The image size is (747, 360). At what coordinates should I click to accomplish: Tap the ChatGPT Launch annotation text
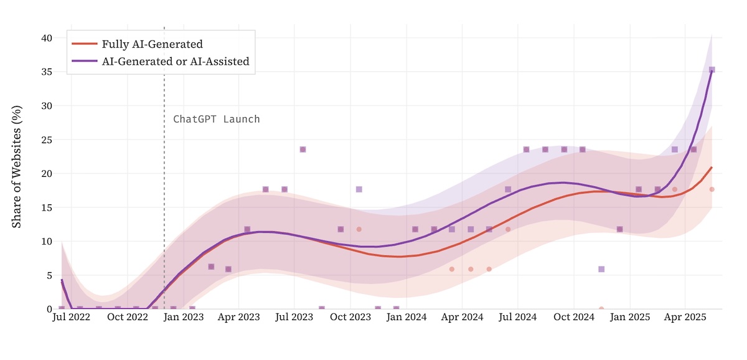216,119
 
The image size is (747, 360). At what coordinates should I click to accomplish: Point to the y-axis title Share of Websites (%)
17,166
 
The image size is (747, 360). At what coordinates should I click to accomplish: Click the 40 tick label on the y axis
47,38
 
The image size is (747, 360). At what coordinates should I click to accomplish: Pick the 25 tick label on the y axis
47,140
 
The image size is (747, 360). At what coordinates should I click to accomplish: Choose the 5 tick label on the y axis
49,275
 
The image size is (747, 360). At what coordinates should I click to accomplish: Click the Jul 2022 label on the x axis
71,318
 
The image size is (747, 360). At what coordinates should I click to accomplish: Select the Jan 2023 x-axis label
183,318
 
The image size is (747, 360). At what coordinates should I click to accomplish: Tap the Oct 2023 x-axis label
350,318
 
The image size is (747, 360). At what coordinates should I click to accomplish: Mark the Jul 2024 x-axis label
519,318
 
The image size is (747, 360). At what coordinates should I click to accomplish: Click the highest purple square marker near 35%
712,70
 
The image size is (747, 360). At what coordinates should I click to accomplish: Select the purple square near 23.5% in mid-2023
303,149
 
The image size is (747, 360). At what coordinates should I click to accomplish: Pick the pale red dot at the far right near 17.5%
712,189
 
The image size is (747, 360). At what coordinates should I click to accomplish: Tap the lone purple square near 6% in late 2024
601,269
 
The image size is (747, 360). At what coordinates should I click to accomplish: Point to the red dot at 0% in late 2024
601,308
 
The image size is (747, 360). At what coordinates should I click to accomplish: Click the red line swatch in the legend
85,44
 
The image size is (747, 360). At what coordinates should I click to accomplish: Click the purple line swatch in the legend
85,61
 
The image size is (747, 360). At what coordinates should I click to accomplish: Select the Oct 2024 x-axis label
575,318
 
